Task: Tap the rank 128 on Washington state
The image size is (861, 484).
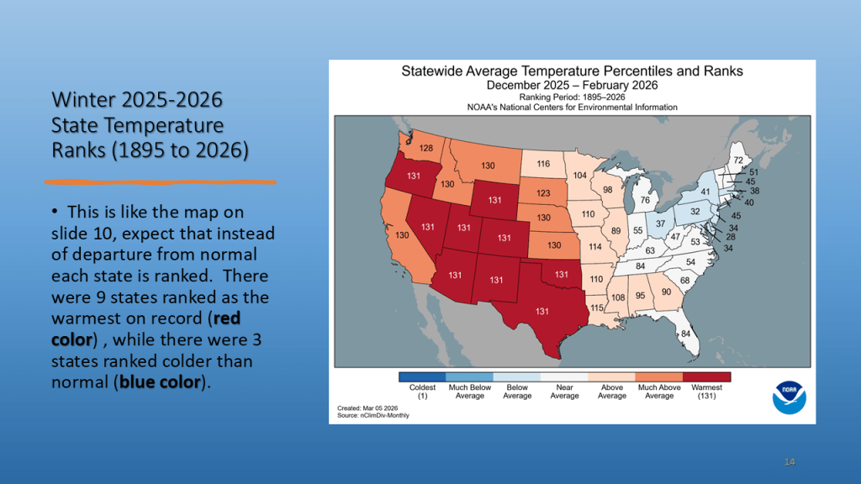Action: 426,149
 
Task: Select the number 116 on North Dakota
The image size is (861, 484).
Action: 544,164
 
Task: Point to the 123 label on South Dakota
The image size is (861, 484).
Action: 545,192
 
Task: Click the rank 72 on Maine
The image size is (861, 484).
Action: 737,160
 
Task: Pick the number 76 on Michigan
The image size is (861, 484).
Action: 644,199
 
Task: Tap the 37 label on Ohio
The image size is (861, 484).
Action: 660,224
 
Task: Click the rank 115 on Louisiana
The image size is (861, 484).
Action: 597,308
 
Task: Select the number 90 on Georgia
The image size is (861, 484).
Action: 666,292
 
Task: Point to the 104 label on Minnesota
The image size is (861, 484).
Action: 580,176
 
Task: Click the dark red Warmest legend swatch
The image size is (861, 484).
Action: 707,377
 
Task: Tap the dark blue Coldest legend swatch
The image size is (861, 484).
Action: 423,377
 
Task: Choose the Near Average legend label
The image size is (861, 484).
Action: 565,392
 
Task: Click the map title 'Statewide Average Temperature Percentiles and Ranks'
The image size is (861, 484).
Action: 572,71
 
